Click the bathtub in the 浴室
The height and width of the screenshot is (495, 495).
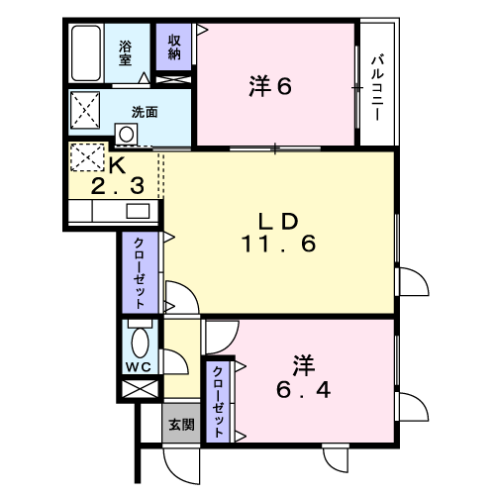[x=86, y=53]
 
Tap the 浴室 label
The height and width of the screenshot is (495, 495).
[x=126, y=52]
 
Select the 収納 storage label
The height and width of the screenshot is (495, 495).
[x=174, y=48]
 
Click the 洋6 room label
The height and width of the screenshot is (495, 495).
[x=270, y=87]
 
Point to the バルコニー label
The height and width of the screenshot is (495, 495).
[x=377, y=88]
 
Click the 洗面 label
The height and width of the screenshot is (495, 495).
[x=145, y=112]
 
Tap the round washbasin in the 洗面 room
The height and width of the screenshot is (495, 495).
[x=126, y=135]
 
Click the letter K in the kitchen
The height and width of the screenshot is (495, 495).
[x=118, y=164]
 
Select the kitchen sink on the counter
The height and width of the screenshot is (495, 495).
[x=138, y=211]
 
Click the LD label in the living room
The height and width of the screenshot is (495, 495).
[x=278, y=222]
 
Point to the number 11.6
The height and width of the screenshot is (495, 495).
[x=279, y=244]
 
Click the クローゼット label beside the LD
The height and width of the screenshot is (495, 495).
[x=139, y=273]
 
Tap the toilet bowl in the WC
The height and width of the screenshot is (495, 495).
[x=140, y=343]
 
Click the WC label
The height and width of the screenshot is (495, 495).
[x=139, y=366]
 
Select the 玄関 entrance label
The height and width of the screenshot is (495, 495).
[x=181, y=425]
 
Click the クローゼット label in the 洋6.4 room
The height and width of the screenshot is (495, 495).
[x=218, y=402]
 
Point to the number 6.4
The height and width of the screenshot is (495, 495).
[x=303, y=391]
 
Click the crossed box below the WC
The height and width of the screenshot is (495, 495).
[x=140, y=389]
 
